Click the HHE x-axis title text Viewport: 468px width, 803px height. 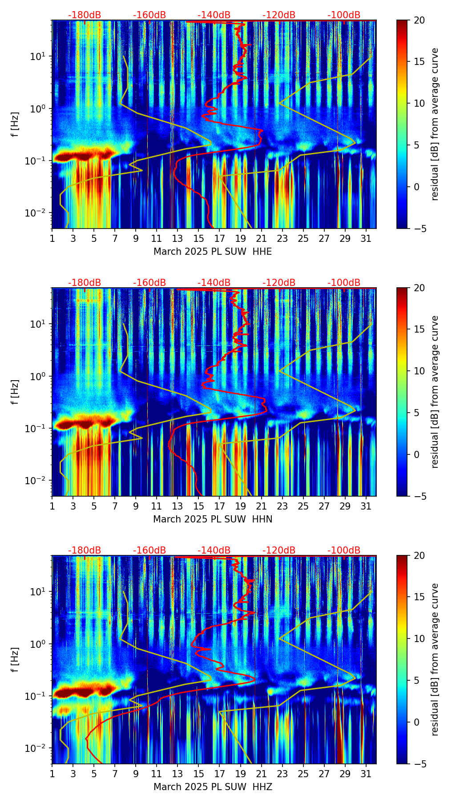click(213, 252)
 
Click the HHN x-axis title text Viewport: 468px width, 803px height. click(213, 519)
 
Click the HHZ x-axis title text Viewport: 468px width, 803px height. click(213, 787)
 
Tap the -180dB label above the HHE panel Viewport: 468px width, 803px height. click(85, 15)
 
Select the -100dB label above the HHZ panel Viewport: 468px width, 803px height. click(344, 550)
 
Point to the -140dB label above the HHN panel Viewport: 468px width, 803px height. click(214, 283)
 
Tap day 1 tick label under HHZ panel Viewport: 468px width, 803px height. click(52, 774)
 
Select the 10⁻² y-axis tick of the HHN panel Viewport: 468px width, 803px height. click(40, 481)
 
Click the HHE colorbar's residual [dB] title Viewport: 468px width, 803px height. click(435, 124)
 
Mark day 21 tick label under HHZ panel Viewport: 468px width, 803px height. click(261, 774)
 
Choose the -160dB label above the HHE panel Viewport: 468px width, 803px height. click(149, 15)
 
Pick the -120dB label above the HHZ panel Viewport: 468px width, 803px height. click(279, 550)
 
